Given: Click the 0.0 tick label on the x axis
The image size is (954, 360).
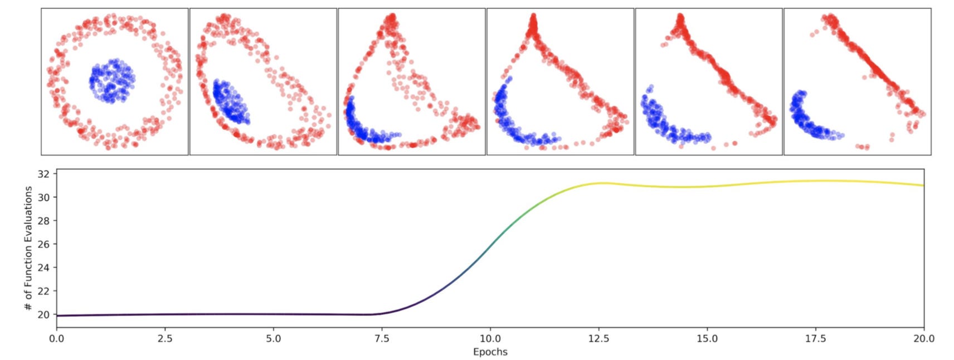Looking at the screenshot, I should coord(56,338).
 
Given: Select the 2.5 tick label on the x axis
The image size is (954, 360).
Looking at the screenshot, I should coord(165,338).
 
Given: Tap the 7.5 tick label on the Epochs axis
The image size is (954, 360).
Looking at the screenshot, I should coord(382,338).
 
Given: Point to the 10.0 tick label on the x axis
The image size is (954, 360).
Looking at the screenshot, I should coord(490,338).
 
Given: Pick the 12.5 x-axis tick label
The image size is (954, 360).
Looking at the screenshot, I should coord(598,338).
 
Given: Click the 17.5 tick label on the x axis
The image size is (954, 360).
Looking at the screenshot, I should coord(815,338).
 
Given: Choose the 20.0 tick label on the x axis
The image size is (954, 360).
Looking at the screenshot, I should coord(923,338).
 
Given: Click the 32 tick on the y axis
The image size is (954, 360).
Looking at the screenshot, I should coord(43,174).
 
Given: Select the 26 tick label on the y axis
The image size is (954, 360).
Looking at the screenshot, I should coord(43,244).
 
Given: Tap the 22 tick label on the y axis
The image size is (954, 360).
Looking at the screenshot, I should coord(43,291).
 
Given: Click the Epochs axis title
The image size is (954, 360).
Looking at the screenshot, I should coord(490,352).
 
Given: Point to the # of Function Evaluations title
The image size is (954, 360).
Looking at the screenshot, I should coord(29,248).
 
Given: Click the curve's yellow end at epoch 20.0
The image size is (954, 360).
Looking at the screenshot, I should coord(922,185).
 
